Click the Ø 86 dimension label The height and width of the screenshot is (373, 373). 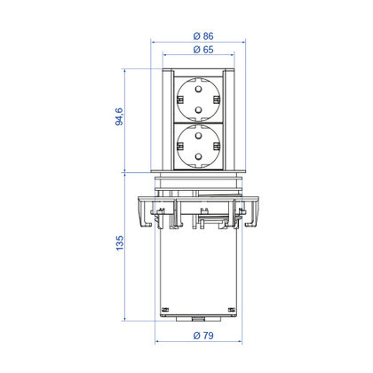pos(203,36)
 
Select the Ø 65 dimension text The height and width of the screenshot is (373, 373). pos(203,50)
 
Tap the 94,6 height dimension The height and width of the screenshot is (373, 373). pos(119,116)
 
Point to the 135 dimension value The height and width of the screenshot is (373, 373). pos(119,243)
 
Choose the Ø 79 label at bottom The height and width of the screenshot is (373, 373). pos(203,336)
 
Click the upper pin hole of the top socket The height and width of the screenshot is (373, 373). pos(198,89)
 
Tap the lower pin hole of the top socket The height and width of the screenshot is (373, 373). pos(198,110)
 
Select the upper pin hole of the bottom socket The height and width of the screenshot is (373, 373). pos(198,136)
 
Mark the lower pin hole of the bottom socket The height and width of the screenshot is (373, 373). pos(198,156)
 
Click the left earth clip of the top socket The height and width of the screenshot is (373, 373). pos(179,99)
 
